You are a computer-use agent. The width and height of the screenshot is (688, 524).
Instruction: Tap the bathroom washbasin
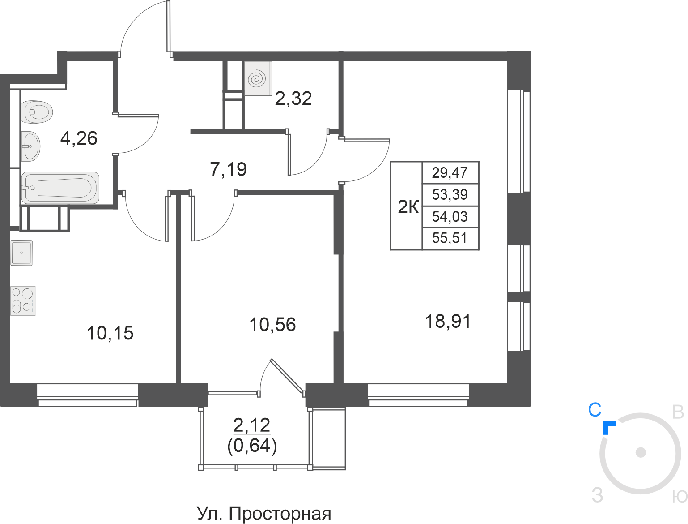[31, 146]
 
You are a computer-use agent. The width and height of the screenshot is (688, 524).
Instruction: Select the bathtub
[60, 188]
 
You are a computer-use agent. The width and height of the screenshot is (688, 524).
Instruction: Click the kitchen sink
[21, 253]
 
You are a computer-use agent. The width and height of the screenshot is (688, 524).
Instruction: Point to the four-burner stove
[23, 301]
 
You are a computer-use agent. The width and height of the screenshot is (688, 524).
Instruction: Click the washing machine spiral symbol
[258, 79]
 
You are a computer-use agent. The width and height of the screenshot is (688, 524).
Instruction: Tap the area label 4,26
[79, 138]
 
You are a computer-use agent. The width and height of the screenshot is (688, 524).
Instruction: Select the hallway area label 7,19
[228, 169]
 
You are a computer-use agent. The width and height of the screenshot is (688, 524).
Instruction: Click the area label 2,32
[293, 99]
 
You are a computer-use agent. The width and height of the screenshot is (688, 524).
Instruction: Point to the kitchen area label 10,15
[110, 333]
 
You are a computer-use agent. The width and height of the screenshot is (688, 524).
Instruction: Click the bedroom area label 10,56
[272, 325]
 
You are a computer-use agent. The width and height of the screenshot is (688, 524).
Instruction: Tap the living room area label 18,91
[448, 322]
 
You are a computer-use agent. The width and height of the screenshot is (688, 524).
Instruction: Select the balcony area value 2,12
[252, 425]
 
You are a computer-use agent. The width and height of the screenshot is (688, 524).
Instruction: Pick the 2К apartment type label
[408, 207]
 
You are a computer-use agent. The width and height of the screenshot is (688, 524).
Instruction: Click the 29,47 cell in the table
[450, 172]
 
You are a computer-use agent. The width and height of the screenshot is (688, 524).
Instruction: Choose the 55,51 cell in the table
[450, 238]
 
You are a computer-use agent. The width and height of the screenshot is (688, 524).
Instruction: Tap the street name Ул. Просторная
[264, 514]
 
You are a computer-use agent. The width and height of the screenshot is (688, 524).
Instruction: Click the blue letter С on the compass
[595, 410]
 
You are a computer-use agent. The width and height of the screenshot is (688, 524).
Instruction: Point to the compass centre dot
[641, 452]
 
